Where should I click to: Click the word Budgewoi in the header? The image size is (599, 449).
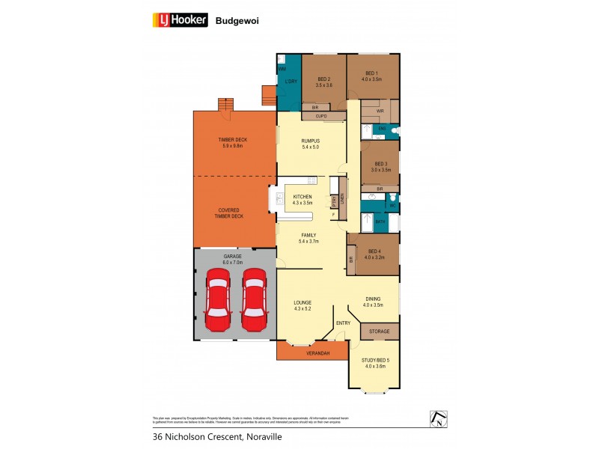click(x=233, y=22)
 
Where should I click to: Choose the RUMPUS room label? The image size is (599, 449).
click(x=310, y=144)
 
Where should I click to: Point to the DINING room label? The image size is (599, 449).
click(x=372, y=302)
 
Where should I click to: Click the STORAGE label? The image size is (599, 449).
click(x=380, y=331)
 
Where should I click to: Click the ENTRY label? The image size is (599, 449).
click(x=343, y=323)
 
